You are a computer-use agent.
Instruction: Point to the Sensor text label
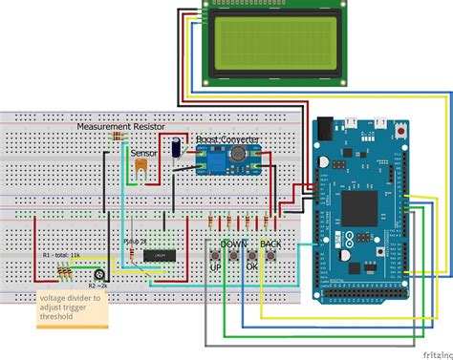(x=144, y=151)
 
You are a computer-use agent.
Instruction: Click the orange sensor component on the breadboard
(x=141, y=167)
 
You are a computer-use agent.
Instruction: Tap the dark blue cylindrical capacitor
(x=179, y=146)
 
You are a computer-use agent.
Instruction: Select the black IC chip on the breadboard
(x=157, y=255)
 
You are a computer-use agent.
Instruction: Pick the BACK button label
(x=270, y=244)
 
